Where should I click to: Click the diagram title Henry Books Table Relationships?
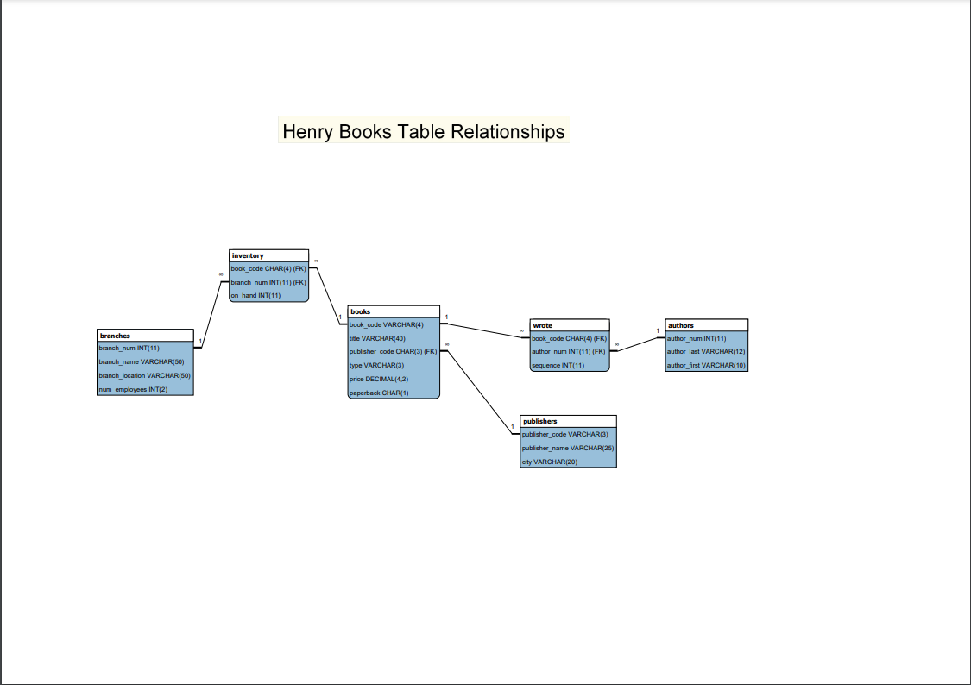[424, 131]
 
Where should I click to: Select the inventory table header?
[268, 255]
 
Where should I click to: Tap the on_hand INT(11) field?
[256, 295]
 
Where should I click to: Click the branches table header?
[145, 335]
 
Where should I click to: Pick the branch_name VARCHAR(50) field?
[136, 361]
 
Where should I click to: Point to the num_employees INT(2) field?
[133, 389]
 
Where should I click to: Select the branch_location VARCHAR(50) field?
[144, 375]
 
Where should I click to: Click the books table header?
[394, 311]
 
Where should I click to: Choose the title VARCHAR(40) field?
[377, 338]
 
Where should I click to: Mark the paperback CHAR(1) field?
[379, 393]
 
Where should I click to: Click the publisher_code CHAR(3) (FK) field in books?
[393, 352]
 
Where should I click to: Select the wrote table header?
[570, 325]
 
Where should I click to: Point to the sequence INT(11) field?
[558, 366]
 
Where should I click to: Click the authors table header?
[706, 325]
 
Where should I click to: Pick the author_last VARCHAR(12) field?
[706, 352]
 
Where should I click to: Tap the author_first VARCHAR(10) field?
[706, 366]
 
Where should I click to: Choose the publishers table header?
[568, 421]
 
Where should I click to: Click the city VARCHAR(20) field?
[549, 462]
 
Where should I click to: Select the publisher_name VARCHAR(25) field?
[567, 448]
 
